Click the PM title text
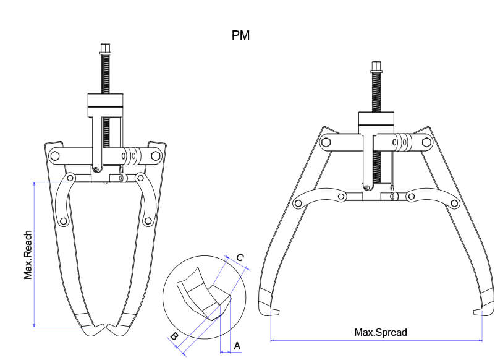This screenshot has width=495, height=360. coord(240,35)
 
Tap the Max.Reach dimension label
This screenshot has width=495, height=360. coord(28,254)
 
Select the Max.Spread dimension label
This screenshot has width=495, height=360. coord(381,332)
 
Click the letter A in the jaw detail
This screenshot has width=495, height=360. coord(237,346)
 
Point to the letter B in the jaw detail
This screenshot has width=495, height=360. coord(175,337)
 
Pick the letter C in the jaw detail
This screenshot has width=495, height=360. coord(240,257)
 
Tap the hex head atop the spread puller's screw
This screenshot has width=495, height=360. coord(376,67)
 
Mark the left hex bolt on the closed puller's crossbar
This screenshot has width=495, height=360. coord(54,156)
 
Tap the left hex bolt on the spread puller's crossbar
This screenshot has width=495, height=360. coord(326,142)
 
